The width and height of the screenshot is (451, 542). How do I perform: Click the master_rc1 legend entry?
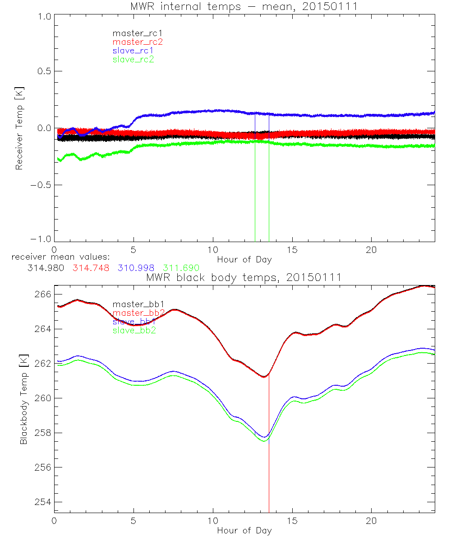pyautogui.click(x=133, y=33)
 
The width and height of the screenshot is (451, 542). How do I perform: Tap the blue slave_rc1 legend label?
pyautogui.click(x=133, y=51)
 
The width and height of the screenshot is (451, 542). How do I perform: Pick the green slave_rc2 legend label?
pyautogui.click(x=133, y=59)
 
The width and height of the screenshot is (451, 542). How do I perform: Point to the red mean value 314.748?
pyautogui.click(x=90, y=267)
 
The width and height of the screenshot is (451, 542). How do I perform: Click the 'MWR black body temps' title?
pyautogui.click(x=244, y=277)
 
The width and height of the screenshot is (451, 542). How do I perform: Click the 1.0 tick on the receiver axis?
pyautogui.click(x=44, y=16)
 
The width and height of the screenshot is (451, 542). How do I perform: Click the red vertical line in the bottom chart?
pyautogui.click(x=269, y=452)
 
